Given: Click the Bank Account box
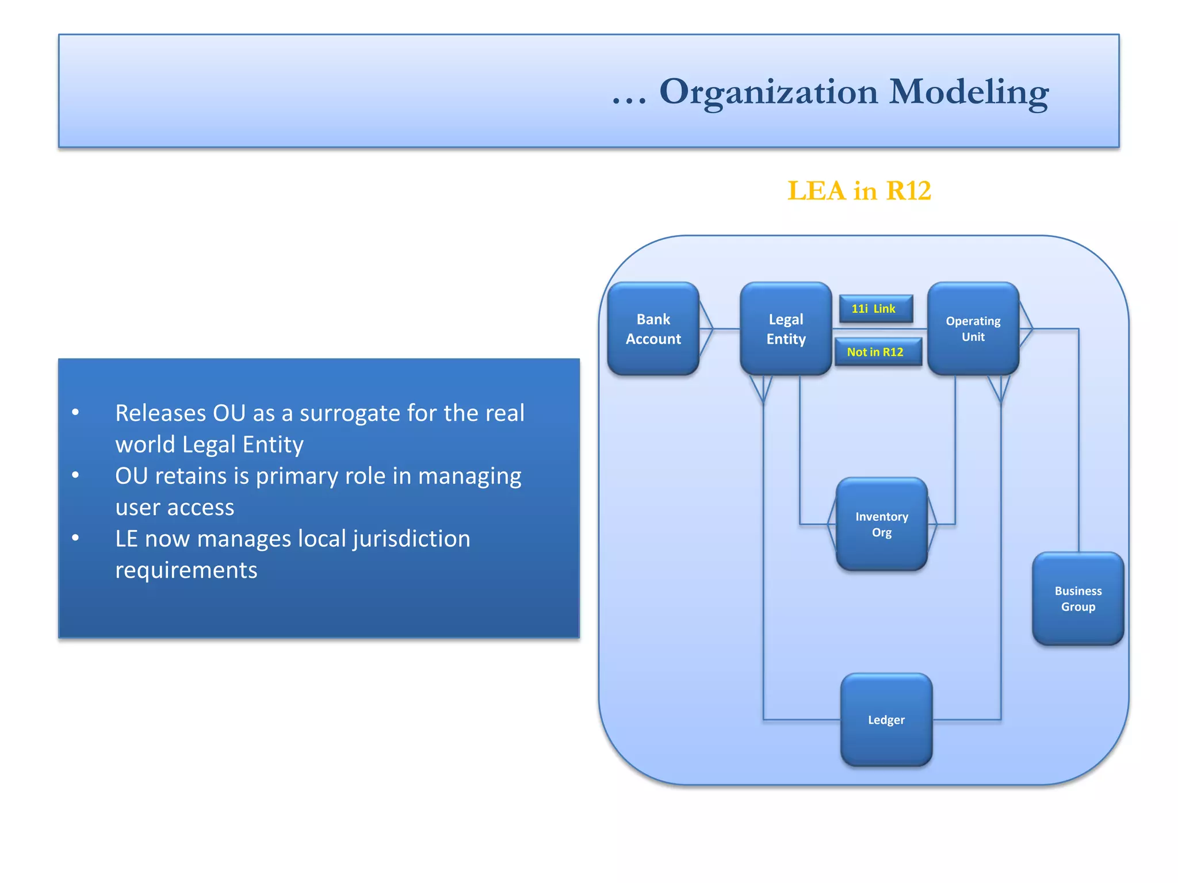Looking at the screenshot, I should [653, 329].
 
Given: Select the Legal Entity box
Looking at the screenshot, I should [786, 329].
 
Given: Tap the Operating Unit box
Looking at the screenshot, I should [973, 329].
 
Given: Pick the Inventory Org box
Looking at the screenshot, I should [881, 524].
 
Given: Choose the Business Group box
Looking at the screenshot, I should [1077, 598].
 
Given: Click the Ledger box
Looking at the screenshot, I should [886, 720].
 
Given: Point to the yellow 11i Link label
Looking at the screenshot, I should [875, 309].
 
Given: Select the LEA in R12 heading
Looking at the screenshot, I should [859, 191].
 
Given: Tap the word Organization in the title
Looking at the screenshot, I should [768, 92].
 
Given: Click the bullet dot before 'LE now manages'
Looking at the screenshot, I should [75, 538].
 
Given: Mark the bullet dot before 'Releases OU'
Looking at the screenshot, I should [75, 412].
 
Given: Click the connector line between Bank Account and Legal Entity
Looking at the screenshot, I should [726, 329].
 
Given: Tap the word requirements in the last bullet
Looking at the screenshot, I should [186, 570].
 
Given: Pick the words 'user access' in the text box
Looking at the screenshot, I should [175, 508].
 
